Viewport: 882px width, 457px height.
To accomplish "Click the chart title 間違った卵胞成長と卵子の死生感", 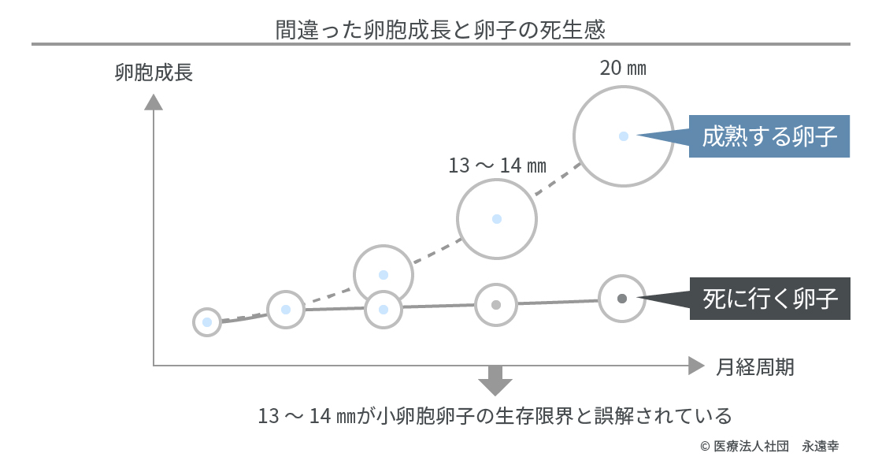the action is tap(440, 29).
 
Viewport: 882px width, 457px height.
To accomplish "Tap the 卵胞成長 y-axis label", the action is tap(154, 72).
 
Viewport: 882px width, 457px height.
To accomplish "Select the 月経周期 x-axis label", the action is tap(755, 367).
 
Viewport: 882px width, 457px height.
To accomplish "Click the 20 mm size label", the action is tap(623, 68).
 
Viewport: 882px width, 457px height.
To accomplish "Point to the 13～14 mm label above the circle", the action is tap(497, 165).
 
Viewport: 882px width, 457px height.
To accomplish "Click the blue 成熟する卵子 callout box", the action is tap(769, 136).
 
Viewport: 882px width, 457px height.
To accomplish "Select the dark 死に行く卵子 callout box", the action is tap(770, 299).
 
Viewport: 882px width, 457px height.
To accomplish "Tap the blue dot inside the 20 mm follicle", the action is tap(623, 136).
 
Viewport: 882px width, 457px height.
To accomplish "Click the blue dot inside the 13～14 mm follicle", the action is tap(497, 219).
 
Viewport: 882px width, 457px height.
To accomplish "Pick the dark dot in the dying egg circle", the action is tap(622, 299).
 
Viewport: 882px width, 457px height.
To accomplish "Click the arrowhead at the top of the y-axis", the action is tap(154, 102).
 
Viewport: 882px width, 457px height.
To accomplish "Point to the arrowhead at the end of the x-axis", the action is tap(696, 366).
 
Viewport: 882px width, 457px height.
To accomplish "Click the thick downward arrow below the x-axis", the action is tap(495, 380).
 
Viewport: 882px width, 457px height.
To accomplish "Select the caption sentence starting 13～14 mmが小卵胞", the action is tap(495, 416).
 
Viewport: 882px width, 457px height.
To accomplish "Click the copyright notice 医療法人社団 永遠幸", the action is tap(769, 446).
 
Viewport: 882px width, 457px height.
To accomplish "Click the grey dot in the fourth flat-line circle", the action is tap(496, 305).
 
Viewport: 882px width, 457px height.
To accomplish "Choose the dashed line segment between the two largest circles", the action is tap(558, 179).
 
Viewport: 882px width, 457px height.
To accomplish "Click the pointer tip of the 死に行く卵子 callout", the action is tap(639, 299).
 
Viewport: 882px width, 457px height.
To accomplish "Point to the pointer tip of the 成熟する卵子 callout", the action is tap(637, 136).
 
